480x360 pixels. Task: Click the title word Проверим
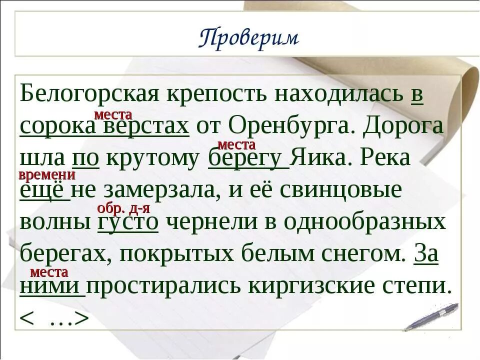point(248,38)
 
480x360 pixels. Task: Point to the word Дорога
point(403,126)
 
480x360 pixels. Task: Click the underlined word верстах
point(146,126)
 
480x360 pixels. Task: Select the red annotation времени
point(46,175)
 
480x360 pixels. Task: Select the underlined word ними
point(51,286)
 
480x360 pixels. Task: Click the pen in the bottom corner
point(431,316)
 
